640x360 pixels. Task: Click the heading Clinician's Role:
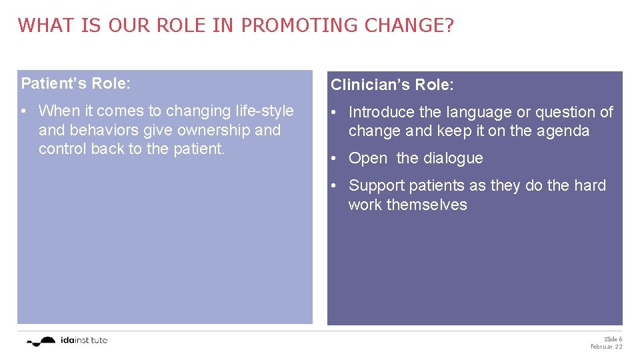point(393,85)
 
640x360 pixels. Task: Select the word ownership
point(213,130)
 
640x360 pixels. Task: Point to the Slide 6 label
point(613,339)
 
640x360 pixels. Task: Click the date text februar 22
point(606,347)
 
